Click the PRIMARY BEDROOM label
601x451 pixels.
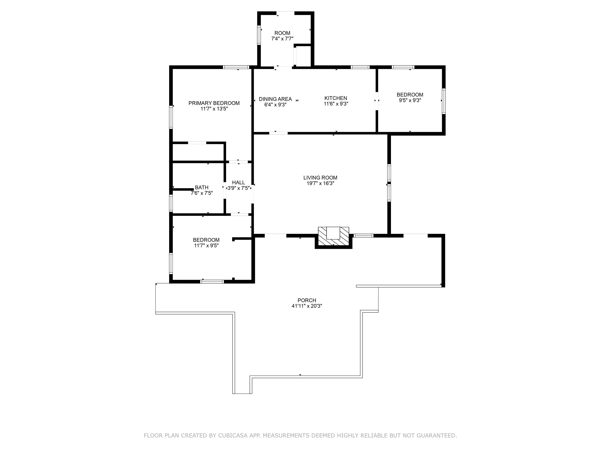pyautogui.click(x=214, y=103)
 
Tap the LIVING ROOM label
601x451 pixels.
pyautogui.click(x=320, y=178)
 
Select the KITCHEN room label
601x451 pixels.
pyautogui.click(x=336, y=98)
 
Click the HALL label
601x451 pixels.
pyautogui.click(x=239, y=182)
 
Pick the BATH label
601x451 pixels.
pyautogui.click(x=202, y=187)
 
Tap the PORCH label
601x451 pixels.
pyautogui.click(x=307, y=300)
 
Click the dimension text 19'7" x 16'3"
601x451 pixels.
pyautogui.click(x=320, y=183)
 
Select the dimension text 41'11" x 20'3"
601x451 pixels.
pyautogui.click(x=307, y=306)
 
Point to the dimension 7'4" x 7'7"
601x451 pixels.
pyautogui.click(x=282, y=39)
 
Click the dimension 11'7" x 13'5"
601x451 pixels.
pyautogui.click(x=214, y=109)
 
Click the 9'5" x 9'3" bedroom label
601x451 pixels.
pyautogui.click(x=410, y=97)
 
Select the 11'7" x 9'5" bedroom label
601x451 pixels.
pyautogui.click(x=206, y=242)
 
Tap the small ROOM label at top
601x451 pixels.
pyautogui.click(x=282, y=33)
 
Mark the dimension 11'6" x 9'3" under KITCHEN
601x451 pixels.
pyautogui.click(x=336, y=104)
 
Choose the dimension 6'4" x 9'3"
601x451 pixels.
pyautogui.click(x=275, y=105)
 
